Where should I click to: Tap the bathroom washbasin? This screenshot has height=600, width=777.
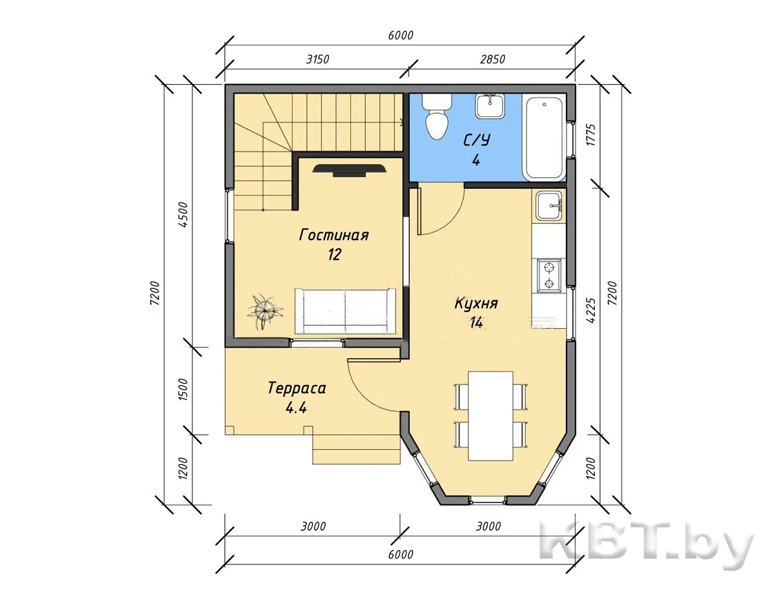(x=490, y=106)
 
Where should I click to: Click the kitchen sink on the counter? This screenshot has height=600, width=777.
(x=549, y=206)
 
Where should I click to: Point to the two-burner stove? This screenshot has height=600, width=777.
(x=548, y=276)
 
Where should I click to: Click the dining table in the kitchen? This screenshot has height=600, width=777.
(x=491, y=416)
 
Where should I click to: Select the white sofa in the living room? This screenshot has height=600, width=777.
(x=345, y=310)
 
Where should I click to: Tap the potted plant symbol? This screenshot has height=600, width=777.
(x=265, y=310)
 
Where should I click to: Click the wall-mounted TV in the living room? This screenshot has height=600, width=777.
(x=350, y=170)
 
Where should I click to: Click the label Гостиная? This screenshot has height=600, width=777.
(x=333, y=236)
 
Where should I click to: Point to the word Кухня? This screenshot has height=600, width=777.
(x=477, y=304)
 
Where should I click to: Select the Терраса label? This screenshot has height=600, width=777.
(x=297, y=388)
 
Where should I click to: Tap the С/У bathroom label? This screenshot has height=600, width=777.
(x=477, y=140)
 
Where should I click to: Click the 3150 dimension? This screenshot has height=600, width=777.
(x=317, y=60)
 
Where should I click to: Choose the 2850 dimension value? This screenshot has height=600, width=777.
(x=492, y=60)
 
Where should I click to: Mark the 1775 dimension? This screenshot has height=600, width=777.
(x=591, y=135)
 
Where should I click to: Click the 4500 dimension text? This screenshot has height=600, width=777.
(x=183, y=215)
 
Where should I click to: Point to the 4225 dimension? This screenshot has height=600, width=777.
(x=591, y=311)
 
